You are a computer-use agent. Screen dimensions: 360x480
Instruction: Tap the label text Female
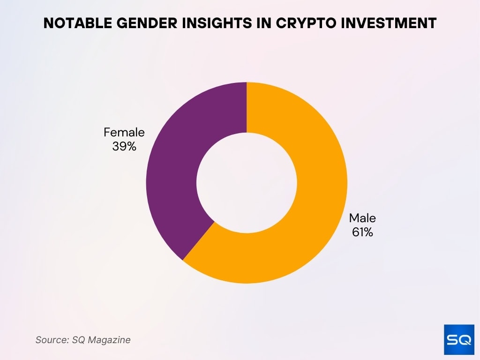click(x=124, y=133)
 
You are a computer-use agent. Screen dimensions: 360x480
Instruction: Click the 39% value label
click(x=124, y=146)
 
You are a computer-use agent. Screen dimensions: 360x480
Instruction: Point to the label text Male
click(x=362, y=218)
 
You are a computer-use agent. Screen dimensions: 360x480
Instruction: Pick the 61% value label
click(x=362, y=232)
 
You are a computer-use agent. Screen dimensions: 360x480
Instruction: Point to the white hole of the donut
click(x=247, y=183)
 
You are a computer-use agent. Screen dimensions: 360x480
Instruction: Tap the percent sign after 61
click(x=369, y=232)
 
